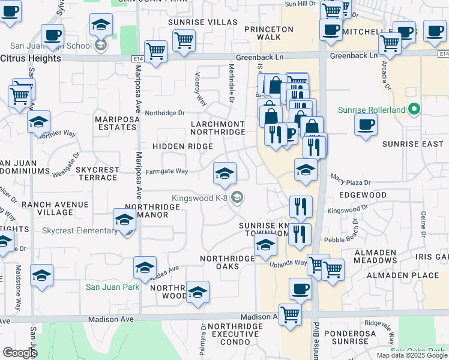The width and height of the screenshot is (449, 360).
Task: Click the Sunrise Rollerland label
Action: [370, 110]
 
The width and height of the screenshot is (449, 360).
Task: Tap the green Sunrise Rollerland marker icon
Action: [413, 110]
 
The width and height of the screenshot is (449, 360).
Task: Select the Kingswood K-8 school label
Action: [200, 197]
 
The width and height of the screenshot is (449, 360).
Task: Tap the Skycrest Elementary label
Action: [80, 231]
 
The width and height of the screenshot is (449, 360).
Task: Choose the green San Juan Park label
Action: [113, 287]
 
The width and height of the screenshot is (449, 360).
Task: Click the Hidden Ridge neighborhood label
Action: [182, 146]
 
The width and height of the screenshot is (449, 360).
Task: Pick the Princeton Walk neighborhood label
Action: [270, 33]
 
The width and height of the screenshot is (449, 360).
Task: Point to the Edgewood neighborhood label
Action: [363, 196]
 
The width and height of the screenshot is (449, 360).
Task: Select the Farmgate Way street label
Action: [167, 171]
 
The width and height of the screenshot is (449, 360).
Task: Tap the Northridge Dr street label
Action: [164, 112]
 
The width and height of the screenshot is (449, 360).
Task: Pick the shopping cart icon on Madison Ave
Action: [290, 314]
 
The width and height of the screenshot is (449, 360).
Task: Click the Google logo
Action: [20, 353]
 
